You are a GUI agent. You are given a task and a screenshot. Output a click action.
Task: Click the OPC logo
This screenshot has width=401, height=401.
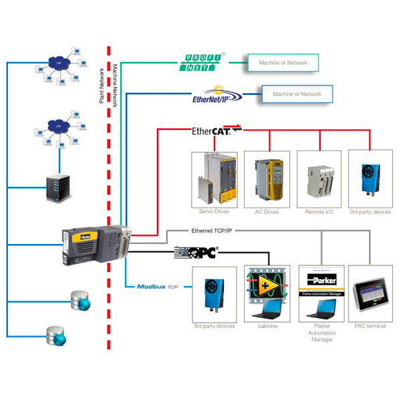click(x=197, y=253)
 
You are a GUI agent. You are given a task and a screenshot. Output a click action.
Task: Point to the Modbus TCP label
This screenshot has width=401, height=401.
click(x=156, y=287)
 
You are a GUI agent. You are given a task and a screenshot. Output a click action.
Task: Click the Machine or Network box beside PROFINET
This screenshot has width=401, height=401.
click(x=283, y=63)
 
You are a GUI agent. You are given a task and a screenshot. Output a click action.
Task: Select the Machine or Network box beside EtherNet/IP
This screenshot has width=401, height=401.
click(x=297, y=94)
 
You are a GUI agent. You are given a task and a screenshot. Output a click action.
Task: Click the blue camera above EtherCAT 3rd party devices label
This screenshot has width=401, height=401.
click(x=370, y=175)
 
